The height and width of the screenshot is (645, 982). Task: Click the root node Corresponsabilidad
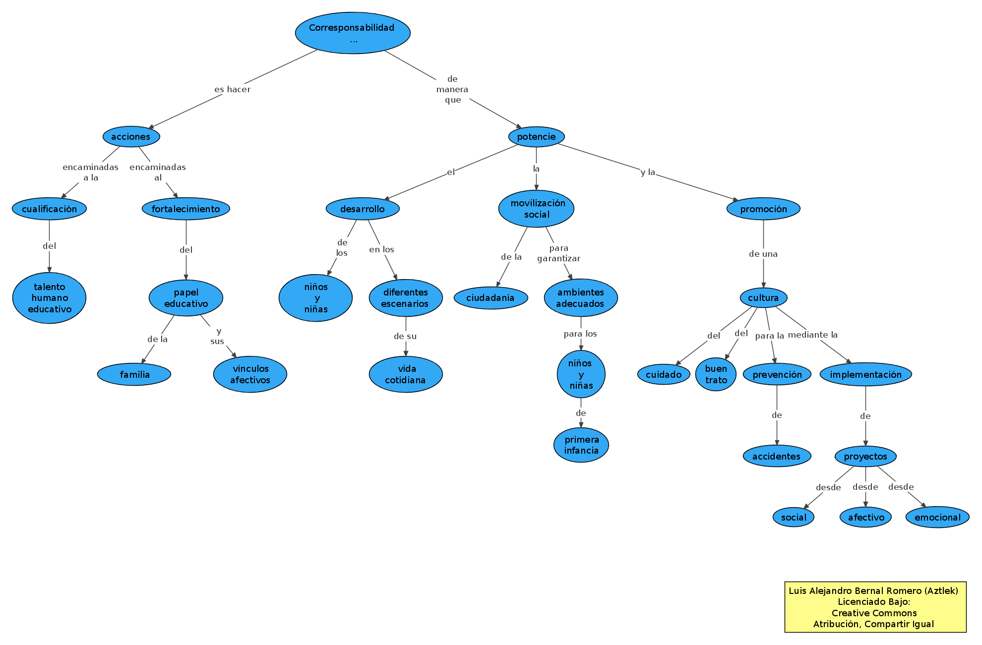[352, 33]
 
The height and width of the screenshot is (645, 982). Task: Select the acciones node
[131, 137]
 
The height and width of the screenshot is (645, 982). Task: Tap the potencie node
[536, 137]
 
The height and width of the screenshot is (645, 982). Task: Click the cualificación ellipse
[49, 209]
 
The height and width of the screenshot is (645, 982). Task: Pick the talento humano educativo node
[49, 298]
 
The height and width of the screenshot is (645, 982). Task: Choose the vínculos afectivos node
[250, 374]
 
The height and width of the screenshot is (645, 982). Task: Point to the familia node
[134, 374]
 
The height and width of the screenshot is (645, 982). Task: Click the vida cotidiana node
[405, 374]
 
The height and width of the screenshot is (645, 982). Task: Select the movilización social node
[536, 209]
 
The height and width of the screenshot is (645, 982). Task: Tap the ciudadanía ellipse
[490, 298]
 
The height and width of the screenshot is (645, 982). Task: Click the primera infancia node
[581, 445]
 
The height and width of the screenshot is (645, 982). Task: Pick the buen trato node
[716, 374]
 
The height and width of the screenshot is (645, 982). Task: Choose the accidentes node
[776, 456]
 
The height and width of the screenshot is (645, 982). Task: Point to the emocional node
[937, 517]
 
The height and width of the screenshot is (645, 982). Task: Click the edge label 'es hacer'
[232, 89]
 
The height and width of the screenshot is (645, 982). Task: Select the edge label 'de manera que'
[452, 89]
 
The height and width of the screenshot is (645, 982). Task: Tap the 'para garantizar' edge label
[558, 253]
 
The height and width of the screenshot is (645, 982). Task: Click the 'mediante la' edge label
[812, 335]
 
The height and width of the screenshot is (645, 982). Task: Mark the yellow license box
[875, 607]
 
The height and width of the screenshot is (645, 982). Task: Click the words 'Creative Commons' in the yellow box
[874, 613]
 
